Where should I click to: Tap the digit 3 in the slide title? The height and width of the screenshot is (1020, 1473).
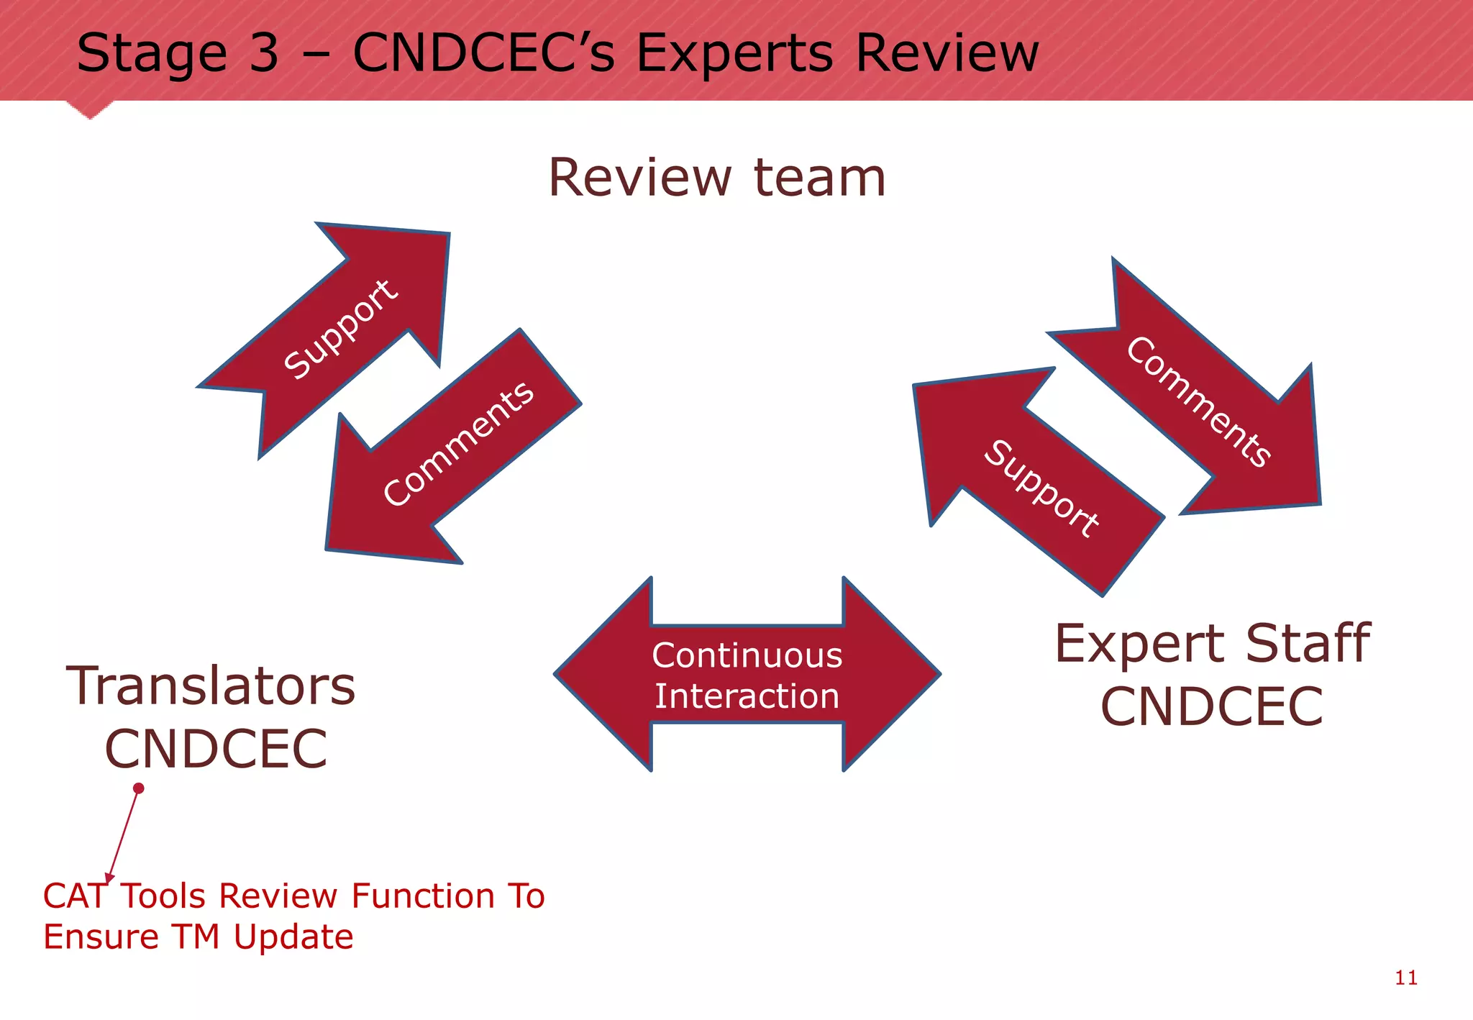[263, 53]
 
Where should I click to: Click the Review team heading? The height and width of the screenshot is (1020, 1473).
[716, 178]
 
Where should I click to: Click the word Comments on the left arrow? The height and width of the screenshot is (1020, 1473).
[458, 444]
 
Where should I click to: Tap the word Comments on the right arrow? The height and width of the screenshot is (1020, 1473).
[1198, 401]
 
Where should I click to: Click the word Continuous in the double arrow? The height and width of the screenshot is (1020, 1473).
[747, 655]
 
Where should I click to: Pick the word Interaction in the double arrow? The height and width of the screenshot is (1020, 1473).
[747, 696]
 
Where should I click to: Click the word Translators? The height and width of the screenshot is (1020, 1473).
[211, 686]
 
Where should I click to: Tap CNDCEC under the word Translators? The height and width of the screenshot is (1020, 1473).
[216, 749]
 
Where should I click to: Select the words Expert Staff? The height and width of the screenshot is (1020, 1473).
[1213, 643]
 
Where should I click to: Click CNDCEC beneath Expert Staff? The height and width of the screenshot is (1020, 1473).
[1212, 706]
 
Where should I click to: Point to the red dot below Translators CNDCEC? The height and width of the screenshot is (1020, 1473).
[139, 788]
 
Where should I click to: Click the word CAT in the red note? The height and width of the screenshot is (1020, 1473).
[75, 896]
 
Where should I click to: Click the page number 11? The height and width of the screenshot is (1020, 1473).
[1406, 978]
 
